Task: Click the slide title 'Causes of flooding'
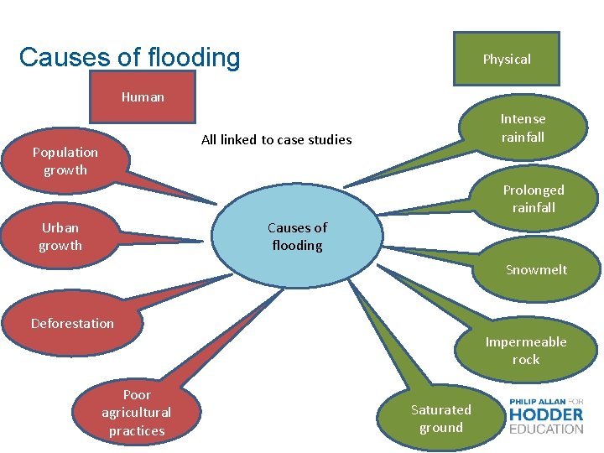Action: (129, 58)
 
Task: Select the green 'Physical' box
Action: (506, 59)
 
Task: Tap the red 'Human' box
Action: (143, 96)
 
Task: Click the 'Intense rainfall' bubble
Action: (522, 128)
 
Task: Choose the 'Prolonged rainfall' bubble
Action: (534, 199)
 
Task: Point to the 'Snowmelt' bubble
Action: (535, 269)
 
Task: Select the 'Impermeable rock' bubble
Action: (525, 351)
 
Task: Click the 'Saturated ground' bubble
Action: (441, 418)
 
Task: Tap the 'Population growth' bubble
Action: (65, 160)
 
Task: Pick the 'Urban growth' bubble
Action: (60, 237)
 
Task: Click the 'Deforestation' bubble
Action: (72, 324)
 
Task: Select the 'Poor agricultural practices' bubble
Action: (136, 413)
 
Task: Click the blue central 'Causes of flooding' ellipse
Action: (297, 236)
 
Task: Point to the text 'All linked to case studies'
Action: (276, 139)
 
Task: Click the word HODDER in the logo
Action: (546, 414)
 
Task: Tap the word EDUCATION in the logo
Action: (546, 429)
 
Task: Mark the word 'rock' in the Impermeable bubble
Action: (526, 360)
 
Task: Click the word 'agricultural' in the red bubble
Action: (136, 412)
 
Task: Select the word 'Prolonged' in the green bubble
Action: (534, 190)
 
